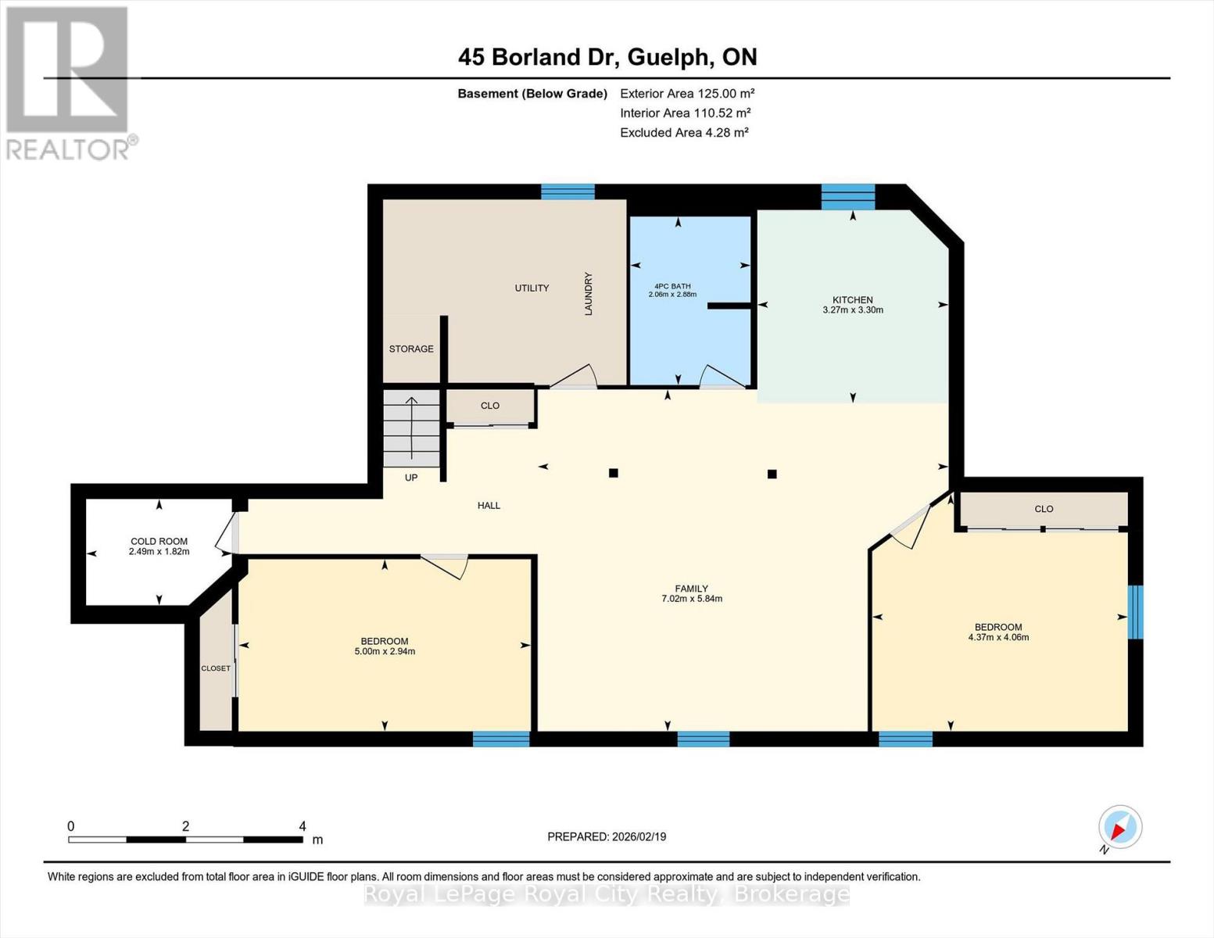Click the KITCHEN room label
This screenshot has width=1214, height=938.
pyautogui.click(x=852, y=299)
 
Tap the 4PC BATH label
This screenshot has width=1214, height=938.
pyautogui.click(x=671, y=286)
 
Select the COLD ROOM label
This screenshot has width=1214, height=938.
pyautogui.click(x=159, y=541)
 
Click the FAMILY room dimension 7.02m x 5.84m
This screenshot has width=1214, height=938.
pyautogui.click(x=691, y=599)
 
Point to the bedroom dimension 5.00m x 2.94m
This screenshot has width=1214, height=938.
pyautogui.click(x=384, y=651)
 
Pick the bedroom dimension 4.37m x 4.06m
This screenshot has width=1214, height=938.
pyautogui.click(x=997, y=637)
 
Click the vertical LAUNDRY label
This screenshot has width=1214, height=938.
pyautogui.click(x=589, y=294)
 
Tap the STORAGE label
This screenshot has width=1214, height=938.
pyautogui.click(x=411, y=349)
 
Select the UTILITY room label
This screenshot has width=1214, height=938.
pyautogui.click(x=532, y=288)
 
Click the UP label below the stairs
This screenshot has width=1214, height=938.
pyautogui.click(x=411, y=477)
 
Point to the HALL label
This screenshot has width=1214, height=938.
pyautogui.click(x=489, y=505)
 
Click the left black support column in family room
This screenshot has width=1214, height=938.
pyautogui.click(x=614, y=472)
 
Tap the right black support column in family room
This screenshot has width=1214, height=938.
pyautogui.click(x=772, y=474)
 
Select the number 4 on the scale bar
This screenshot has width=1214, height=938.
pyautogui.click(x=302, y=826)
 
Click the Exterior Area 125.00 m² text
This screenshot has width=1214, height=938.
pyautogui.click(x=687, y=93)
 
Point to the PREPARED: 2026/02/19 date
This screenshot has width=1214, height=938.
pyautogui.click(x=607, y=836)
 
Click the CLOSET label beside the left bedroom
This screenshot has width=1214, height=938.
pyautogui.click(x=216, y=668)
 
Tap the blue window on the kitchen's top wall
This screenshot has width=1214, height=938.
pyautogui.click(x=847, y=197)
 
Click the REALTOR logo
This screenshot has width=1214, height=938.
pyautogui.click(x=69, y=82)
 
